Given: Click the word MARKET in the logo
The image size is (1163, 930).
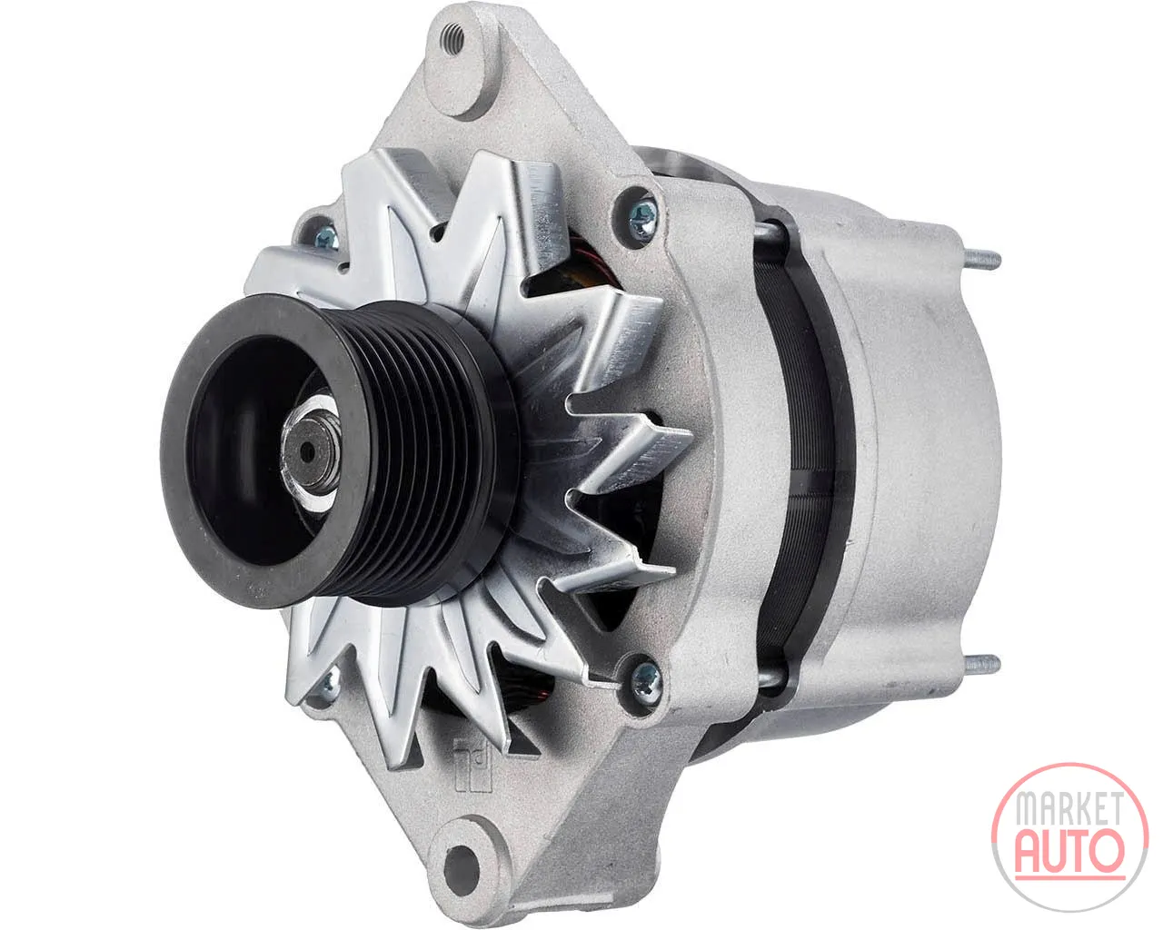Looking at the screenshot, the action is coord(1070,808).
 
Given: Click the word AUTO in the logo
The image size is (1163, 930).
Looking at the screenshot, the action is coord(1070,854).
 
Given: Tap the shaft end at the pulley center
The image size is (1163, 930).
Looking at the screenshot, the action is coord(308,453).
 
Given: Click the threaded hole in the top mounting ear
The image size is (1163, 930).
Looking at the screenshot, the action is coord(452,40).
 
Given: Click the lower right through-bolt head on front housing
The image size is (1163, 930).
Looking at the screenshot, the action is coord(647,679).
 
